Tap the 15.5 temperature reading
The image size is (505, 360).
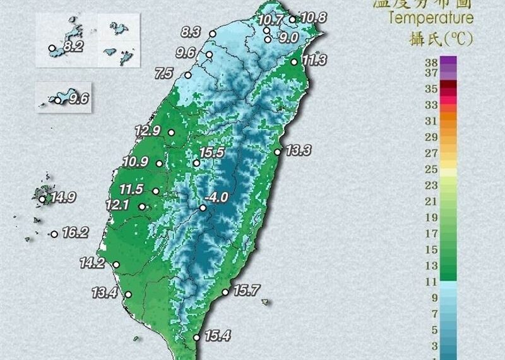click(x=211, y=152)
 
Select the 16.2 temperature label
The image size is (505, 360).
click(x=74, y=233)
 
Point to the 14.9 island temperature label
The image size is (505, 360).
click(x=63, y=198)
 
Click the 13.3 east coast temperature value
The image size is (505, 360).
click(x=298, y=151)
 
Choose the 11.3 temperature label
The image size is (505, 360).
click(x=314, y=61)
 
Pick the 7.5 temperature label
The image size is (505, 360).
click(x=163, y=74)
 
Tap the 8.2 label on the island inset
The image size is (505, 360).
click(x=73, y=47)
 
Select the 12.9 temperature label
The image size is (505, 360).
click(x=147, y=131)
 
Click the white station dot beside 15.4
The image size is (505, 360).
click(x=196, y=337)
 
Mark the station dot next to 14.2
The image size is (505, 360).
click(x=116, y=265)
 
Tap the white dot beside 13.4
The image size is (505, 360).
click(x=128, y=294)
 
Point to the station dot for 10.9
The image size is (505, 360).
click(x=159, y=164)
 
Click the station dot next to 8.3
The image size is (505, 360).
click(x=213, y=34)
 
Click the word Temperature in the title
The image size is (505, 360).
click(x=431, y=18)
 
